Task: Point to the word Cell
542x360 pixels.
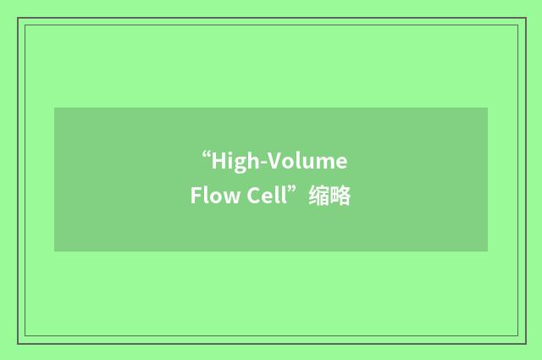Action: [266, 197]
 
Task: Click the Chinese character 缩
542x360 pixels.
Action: [319, 197]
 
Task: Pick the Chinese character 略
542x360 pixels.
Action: [340, 197]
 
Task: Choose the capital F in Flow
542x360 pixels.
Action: [196, 197]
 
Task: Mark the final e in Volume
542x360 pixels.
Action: [341, 163]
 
